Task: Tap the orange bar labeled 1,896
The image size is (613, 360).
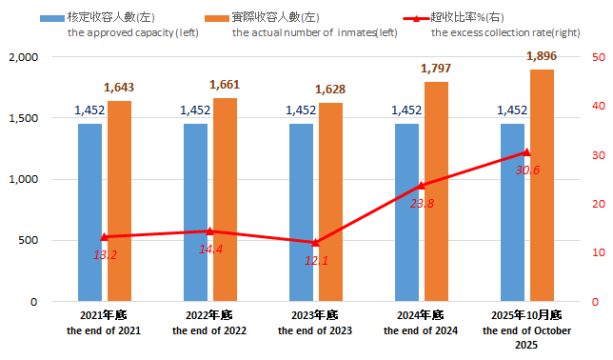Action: click(x=542, y=186)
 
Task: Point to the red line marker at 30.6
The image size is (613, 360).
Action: click(x=526, y=152)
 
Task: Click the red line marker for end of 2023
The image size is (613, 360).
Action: click(x=315, y=242)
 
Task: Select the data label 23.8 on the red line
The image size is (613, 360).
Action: click(x=422, y=204)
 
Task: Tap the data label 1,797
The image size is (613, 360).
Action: click(x=436, y=69)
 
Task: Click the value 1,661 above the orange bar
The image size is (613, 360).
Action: click(x=225, y=85)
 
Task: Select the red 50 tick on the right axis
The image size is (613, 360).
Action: click(x=599, y=57)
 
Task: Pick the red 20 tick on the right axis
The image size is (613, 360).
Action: click(x=599, y=204)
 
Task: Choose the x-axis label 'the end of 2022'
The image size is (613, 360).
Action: click(x=208, y=330)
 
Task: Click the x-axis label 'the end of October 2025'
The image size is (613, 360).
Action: click(x=526, y=337)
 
